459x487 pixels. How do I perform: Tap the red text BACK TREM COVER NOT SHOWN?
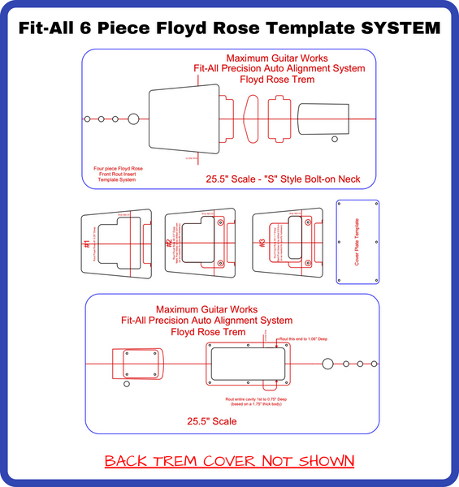pos(230,461)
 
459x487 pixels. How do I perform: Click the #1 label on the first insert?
pos(86,244)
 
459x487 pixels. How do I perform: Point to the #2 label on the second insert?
pos(168,243)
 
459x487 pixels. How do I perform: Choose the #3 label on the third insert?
pos(261,243)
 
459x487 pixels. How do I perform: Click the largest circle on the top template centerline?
pos(133,119)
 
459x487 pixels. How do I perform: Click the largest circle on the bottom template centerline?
pos(328,364)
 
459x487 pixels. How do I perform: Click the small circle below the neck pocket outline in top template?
pos(334,140)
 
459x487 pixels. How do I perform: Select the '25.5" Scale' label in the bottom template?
pos(211,422)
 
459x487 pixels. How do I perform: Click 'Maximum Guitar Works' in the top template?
pos(266,59)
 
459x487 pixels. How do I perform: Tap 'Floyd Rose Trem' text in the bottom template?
pos(208,332)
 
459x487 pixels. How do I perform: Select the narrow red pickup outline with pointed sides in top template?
pos(251,119)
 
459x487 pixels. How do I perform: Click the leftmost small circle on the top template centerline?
pos(87,119)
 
